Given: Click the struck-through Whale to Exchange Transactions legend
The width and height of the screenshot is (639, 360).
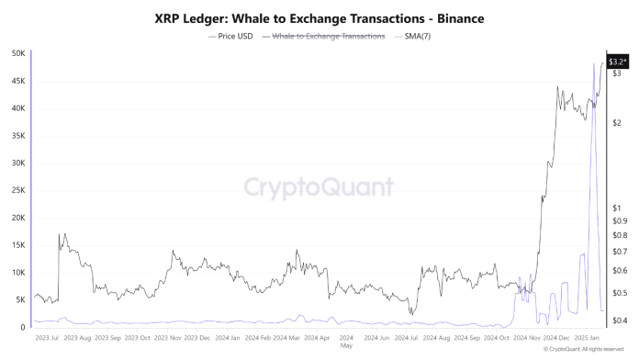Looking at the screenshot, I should (x=323, y=36).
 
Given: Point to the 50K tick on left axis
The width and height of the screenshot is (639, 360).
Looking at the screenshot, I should (x=17, y=53).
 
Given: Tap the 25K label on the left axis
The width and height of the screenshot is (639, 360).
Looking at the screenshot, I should (x=17, y=190).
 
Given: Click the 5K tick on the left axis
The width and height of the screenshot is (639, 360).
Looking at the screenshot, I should (x=19, y=300).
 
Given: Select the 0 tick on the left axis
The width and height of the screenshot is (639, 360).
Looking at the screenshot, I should (x=23, y=328).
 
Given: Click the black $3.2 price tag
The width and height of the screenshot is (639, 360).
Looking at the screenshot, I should (x=618, y=61).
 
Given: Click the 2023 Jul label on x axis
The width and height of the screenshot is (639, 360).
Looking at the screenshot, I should (x=48, y=338).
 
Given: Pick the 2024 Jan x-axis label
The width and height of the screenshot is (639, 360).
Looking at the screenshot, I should (x=222, y=338).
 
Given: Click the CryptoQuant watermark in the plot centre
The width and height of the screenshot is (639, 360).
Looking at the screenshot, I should (x=319, y=187).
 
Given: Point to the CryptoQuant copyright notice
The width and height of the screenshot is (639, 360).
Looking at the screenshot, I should (x=583, y=350).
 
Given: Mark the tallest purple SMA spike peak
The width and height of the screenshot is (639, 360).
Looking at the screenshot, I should (x=592, y=62).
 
